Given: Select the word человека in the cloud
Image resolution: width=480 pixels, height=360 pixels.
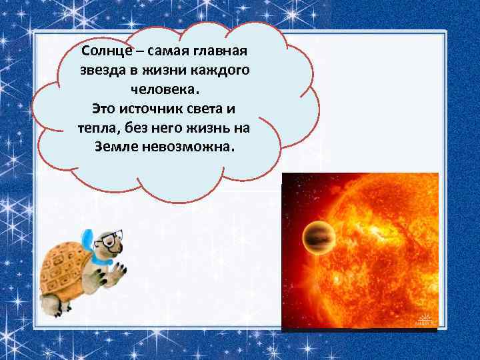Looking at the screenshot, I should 164,89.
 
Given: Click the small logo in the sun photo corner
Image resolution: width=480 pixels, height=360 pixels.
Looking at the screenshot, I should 425,319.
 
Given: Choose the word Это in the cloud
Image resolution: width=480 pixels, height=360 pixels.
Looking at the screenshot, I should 103,108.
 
